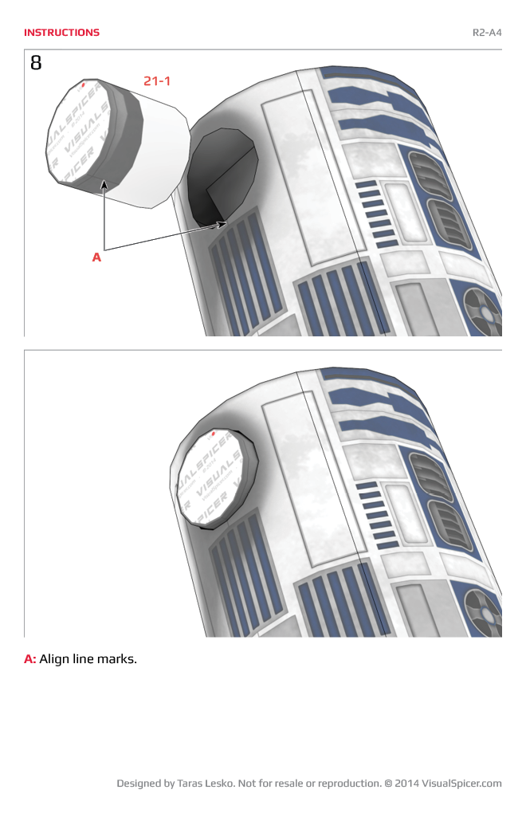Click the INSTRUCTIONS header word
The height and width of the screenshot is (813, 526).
[x=61, y=33]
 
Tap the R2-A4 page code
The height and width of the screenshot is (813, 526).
[x=487, y=33]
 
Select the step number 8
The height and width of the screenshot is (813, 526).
[x=36, y=62]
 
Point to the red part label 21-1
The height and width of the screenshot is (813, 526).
[x=157, y=81]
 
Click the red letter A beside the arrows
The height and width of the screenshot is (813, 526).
[x=96, y=257]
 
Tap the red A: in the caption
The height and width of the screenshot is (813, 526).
[x=30, y=659]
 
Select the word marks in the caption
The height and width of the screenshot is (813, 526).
[x=119, y=659]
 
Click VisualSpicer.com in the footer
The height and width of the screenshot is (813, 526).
[x=461, y=784]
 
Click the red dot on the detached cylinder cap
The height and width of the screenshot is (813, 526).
[x=84, y=84]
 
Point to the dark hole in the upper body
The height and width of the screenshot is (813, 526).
[x=219, y=175]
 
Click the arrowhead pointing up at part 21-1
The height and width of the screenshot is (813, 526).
[x=104, y=185]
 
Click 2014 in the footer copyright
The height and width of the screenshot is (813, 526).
[x=406, y=784]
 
